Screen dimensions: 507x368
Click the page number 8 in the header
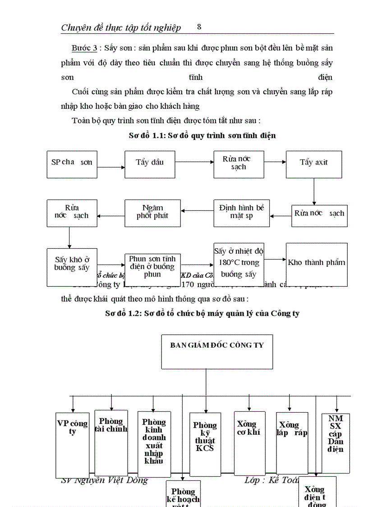[199, 27]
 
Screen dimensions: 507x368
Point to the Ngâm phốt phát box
[152, 213]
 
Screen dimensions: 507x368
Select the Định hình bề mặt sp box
[241, 213]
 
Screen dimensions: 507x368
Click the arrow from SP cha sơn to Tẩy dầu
[111, 167]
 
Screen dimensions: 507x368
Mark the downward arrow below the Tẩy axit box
[314, 190]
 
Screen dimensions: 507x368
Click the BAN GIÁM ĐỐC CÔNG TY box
[217, 352]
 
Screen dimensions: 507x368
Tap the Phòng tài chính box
[111, 442]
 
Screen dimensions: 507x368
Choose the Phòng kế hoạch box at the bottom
[183, 494]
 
